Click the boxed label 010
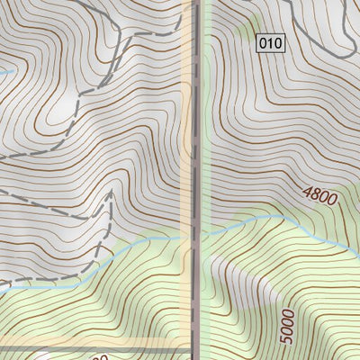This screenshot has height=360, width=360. pyautogui.click(x=270, y=42)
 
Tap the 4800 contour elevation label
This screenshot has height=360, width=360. pyautogui.click(x=319, y=195)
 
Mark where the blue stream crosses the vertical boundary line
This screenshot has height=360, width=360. pyautogui.click(x=195, y=236)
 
